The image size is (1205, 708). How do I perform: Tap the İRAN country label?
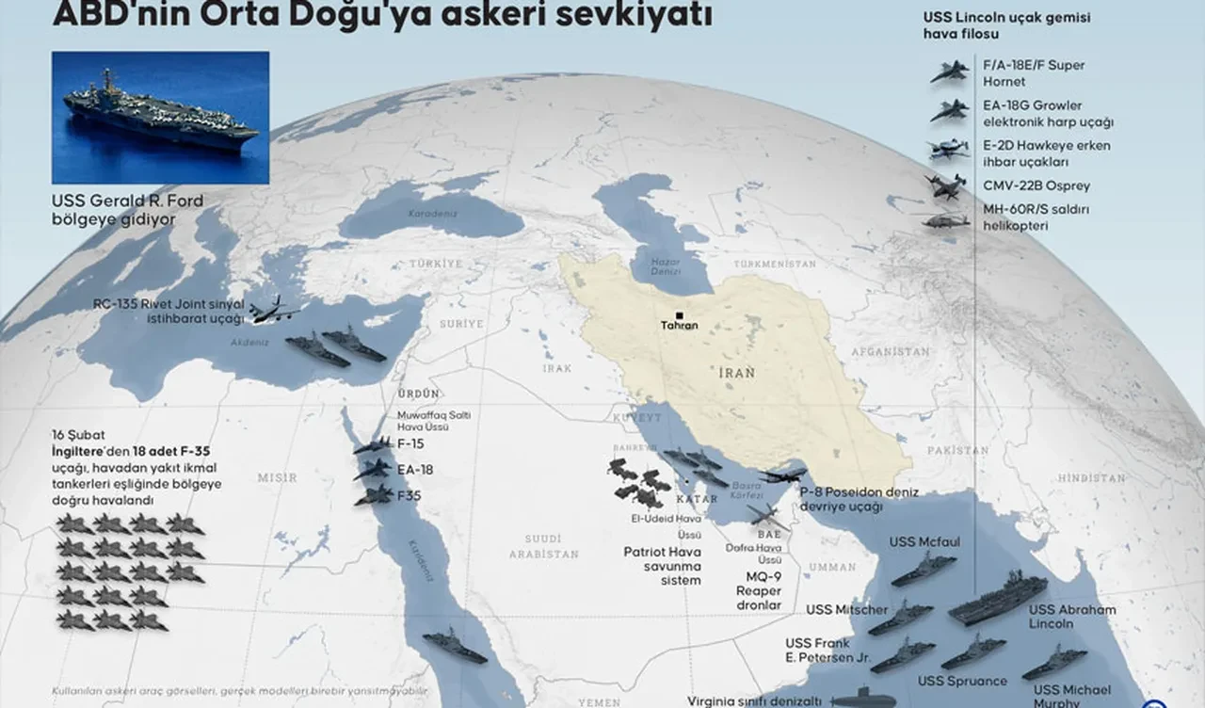click(736, 373)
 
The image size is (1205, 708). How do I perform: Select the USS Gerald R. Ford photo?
click(160, 118)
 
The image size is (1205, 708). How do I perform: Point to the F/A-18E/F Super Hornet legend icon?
click(949, 72)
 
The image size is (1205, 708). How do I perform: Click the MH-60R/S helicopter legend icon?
click(945, 221)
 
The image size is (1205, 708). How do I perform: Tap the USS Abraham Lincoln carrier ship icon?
click(997, 599)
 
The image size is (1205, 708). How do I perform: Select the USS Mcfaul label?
click(924, 542)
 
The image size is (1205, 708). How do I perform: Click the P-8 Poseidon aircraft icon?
click(783, 475)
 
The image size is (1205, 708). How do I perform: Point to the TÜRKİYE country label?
click(436, 264)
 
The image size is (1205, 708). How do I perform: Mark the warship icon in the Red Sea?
click(456, 645)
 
